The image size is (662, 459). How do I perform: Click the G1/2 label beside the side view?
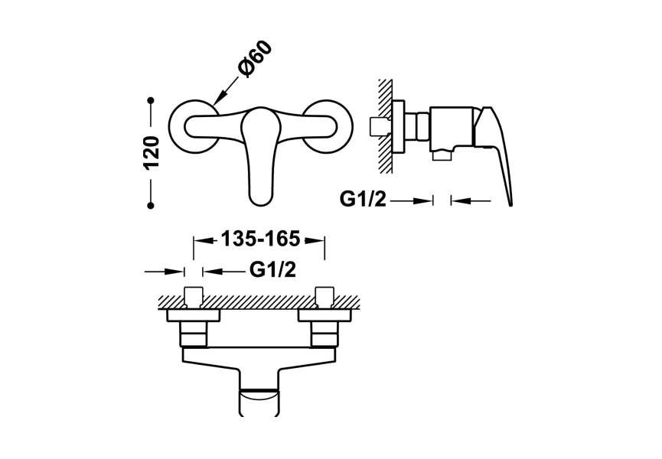click(x=364, y=200)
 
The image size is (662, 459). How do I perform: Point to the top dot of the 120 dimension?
click(x=152, y=100)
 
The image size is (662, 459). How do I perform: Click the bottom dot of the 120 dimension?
click(x=152, y=204)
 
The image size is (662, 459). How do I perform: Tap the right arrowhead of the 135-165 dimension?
click(x=318, y=239)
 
